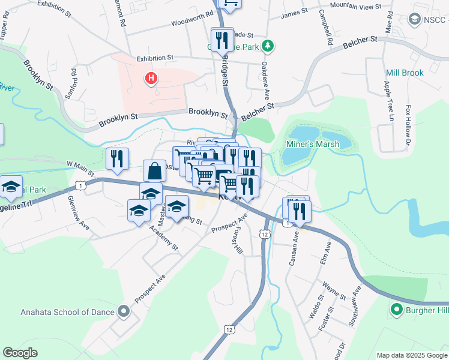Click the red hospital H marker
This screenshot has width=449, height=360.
point(151,78)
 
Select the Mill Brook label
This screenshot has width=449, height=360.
point(405,73)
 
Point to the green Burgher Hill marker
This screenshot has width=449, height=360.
point(396,310)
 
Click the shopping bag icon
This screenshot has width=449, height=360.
point(155,171)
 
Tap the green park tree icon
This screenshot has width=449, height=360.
point(270,45)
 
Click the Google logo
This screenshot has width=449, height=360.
point(20,353)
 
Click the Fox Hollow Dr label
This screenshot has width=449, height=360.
point(408,125)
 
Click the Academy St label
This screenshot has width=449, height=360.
point(167,238)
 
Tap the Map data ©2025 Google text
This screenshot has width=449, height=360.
point(411,355)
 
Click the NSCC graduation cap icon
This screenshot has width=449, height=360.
point(414,20)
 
